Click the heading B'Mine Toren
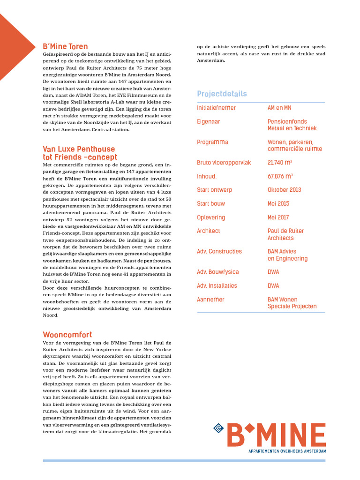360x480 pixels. point(65,46)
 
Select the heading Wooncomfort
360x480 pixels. point(67,335)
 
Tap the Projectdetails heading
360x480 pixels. point(222,94)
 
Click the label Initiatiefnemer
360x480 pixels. point(216,108)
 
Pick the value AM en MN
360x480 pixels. point(279,108)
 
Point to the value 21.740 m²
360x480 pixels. point(280,163)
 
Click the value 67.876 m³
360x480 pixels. point(280,176)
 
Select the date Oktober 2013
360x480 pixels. point(285,190)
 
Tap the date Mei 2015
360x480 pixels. point(278,203)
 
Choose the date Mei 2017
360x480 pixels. point(278,217)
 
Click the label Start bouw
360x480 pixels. point(211,203)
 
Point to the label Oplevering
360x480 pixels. point(211,217)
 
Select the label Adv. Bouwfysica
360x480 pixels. point(218,272)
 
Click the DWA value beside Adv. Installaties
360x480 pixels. point(273,285)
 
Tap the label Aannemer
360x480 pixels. point(210,300)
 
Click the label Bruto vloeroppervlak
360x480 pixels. point(224,163)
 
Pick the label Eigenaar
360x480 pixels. point(209,121)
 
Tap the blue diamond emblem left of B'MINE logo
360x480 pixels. point(218,427)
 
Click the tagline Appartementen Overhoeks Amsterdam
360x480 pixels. point(287,451)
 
